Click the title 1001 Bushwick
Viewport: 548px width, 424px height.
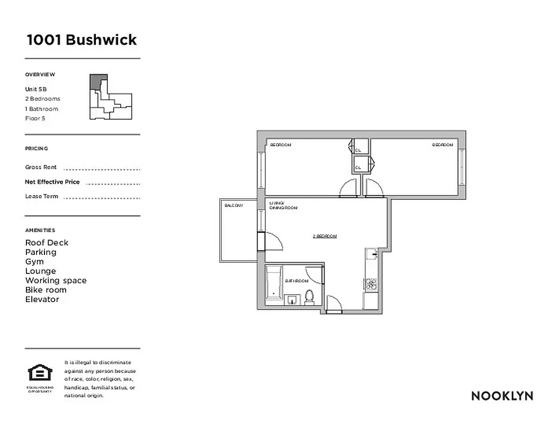[x=82, y=40]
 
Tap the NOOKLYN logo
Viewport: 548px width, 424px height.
[x=502, y=396]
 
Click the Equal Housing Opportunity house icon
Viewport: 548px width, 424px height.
[x=40, y=373]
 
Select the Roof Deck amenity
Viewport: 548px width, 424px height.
[x=47, y=243]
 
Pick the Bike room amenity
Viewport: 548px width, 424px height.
[x=46, y=290]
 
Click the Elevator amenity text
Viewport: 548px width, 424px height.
[x=42, y=299]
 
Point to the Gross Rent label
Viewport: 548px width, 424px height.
[x=41, y=167]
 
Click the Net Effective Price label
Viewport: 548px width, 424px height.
[x=52, y=182]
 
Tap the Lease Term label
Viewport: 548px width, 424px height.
[x=42, y=197]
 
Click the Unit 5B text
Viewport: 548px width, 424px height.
[x=36, y=89]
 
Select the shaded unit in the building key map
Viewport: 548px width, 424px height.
[x=95, y=81]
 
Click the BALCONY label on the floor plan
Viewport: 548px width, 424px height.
[x=233, y=205]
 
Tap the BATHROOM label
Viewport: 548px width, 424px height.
[x=297, y=281]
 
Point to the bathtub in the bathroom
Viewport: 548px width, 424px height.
[x=274, y=284]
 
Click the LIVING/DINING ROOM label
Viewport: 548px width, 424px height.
[x=283, y=205]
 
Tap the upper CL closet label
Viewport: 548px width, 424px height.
[x=358, y=151]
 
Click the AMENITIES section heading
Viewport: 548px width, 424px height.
[x=40, y=231]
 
